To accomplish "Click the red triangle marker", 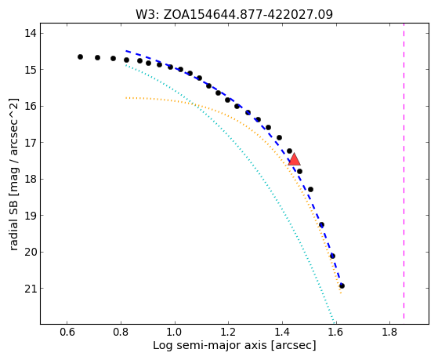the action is [294, 159].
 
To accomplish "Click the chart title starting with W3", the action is [234, 14].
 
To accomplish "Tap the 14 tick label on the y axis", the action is [31, 33].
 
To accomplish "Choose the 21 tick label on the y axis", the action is [31, 289].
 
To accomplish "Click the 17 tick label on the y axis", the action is [31, 143].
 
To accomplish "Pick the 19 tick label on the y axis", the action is [31, 216].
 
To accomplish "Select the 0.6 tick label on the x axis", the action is [67, 332].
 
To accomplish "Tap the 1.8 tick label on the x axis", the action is [389, 332].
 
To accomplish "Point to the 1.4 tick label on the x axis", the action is [282, 332].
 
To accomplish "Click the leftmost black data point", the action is [80, 57].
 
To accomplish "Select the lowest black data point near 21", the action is [342, 285].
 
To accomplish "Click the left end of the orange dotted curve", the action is [126, 98].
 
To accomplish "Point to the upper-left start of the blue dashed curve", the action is [126, 51].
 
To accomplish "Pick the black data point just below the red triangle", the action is [299, 171].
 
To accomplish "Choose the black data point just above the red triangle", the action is [289, 151].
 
